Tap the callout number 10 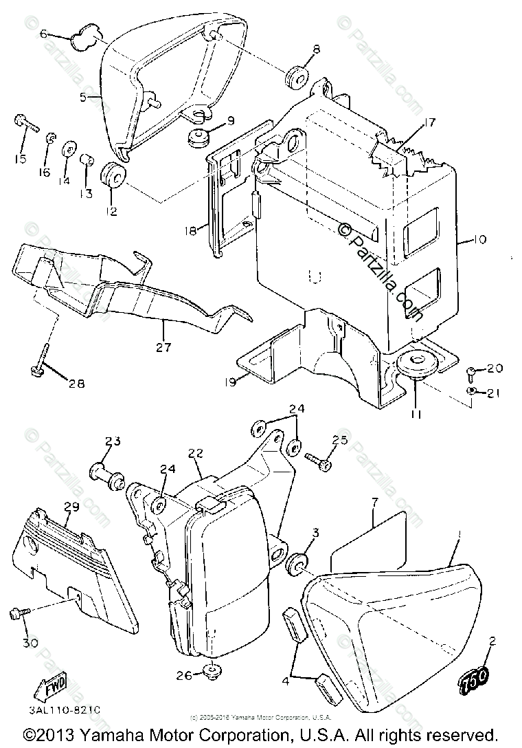click(479, 240)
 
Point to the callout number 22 click(195, 453)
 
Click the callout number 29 click(71, 507)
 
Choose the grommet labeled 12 click(113, 177)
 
